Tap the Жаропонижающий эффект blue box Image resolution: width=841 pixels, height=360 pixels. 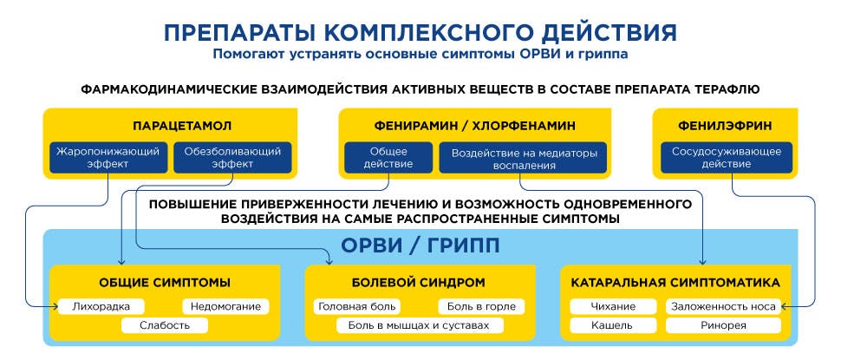pyautogui.click(x=108, y=157)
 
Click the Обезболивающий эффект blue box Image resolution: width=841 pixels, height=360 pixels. pyautogui.click(x=232, y=157)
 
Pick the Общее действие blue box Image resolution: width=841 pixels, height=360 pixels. pyautogui.click(x=388, y=157)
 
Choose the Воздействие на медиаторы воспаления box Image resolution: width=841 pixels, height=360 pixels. pyautogui.click(x=524, y=157)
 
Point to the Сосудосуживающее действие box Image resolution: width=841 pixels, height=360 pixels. pyautogui.click(x=727, y=157)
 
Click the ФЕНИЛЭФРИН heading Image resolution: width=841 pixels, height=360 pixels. pyautogui.click(x=725, y=126)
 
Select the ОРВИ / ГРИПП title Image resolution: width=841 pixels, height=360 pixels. pyautogui.click(x=420, y=245)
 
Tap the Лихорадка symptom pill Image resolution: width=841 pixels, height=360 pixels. pyautogui.click(x=101, y=307)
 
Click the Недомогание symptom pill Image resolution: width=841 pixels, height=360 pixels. pyautogui.click(x=225, y=307)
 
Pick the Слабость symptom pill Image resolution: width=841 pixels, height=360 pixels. pyautogui.click(x=165, y=325)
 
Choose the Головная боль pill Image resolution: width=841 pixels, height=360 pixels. pyautogui.click(x=356, y=307)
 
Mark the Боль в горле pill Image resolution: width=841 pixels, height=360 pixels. pyautogui.click(x=481, y=307)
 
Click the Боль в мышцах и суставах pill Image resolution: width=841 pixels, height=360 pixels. pyautogui.click(x=420, y=325)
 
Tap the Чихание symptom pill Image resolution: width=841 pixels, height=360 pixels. pyautogui.click(x=613, y=307)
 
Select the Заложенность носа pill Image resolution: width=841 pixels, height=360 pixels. pyautogui.click(x=724, y=307)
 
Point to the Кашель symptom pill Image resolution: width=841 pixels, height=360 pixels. pyautogui.click(x=613, y=325)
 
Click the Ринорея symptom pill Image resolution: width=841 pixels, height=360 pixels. pyautogui.click(x=724, y=325)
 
